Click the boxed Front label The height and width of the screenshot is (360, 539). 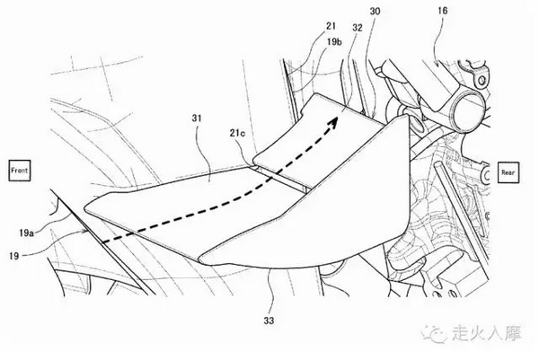[20, 171]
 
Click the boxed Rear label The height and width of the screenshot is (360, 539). [508, 172]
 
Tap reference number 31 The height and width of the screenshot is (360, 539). [196, 119]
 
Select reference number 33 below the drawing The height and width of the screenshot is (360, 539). [269, 320]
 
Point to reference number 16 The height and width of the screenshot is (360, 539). [443, 11]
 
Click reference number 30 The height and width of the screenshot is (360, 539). [375, 12]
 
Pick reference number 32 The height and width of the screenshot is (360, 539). [358, 28]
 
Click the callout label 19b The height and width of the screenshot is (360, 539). [334, 42]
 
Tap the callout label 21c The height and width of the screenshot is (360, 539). [237, 133]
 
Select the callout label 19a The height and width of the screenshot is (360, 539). [26, 233]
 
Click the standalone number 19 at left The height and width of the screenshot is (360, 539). [13, 256]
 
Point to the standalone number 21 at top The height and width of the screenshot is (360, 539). [331, 26]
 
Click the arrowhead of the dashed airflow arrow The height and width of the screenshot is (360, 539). [332, 122]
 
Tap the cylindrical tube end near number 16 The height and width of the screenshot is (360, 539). [469, 112]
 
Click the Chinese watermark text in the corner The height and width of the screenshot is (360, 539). [487, 333]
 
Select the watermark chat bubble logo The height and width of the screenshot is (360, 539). [434, 333]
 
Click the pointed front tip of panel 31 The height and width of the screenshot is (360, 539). [85, 208]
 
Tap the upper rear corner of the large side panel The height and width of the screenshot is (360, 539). [408, 115]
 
